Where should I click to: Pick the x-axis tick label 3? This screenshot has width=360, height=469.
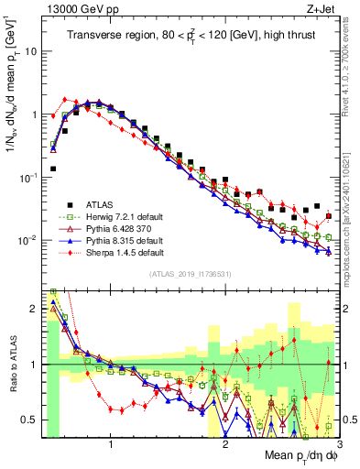pyautogui.click(x=338, y=445)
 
